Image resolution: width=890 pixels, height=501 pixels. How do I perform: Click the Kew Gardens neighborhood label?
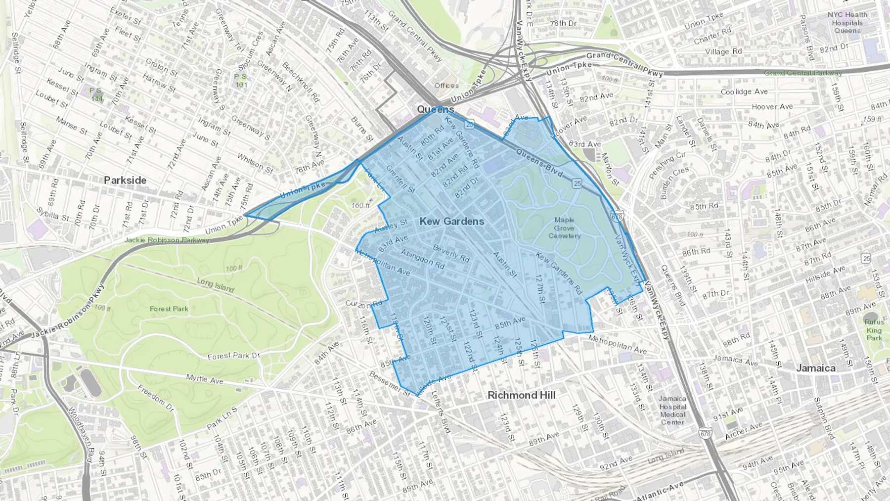(451, 221)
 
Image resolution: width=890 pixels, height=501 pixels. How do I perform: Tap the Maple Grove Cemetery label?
(564, 228)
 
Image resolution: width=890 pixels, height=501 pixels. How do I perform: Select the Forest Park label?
(169, 309)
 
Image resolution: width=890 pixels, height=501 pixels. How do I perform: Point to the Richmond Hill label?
(521, 395)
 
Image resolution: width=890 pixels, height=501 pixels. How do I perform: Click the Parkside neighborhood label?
(125, 180)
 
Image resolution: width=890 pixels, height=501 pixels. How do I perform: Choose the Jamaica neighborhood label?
(815, 368)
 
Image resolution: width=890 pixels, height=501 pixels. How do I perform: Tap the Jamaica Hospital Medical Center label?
(672, 410)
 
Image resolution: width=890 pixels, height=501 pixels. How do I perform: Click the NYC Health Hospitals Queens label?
(846, 23)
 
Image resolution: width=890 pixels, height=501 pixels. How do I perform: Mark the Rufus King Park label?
(874, 330)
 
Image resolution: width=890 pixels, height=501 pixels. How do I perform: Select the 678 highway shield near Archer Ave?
(706, 433)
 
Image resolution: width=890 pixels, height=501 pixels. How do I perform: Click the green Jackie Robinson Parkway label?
(167, 240)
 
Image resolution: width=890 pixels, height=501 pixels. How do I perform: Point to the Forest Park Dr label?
(233, 356)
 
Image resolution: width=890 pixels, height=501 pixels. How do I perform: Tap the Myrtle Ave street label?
(205, 379)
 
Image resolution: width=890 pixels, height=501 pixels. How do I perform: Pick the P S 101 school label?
(241, 81)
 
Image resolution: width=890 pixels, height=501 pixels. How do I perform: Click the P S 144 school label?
(96, 94)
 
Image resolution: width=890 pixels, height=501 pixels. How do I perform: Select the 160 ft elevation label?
(360, 205)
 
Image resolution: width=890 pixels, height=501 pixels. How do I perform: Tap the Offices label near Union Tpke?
(446, 86)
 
